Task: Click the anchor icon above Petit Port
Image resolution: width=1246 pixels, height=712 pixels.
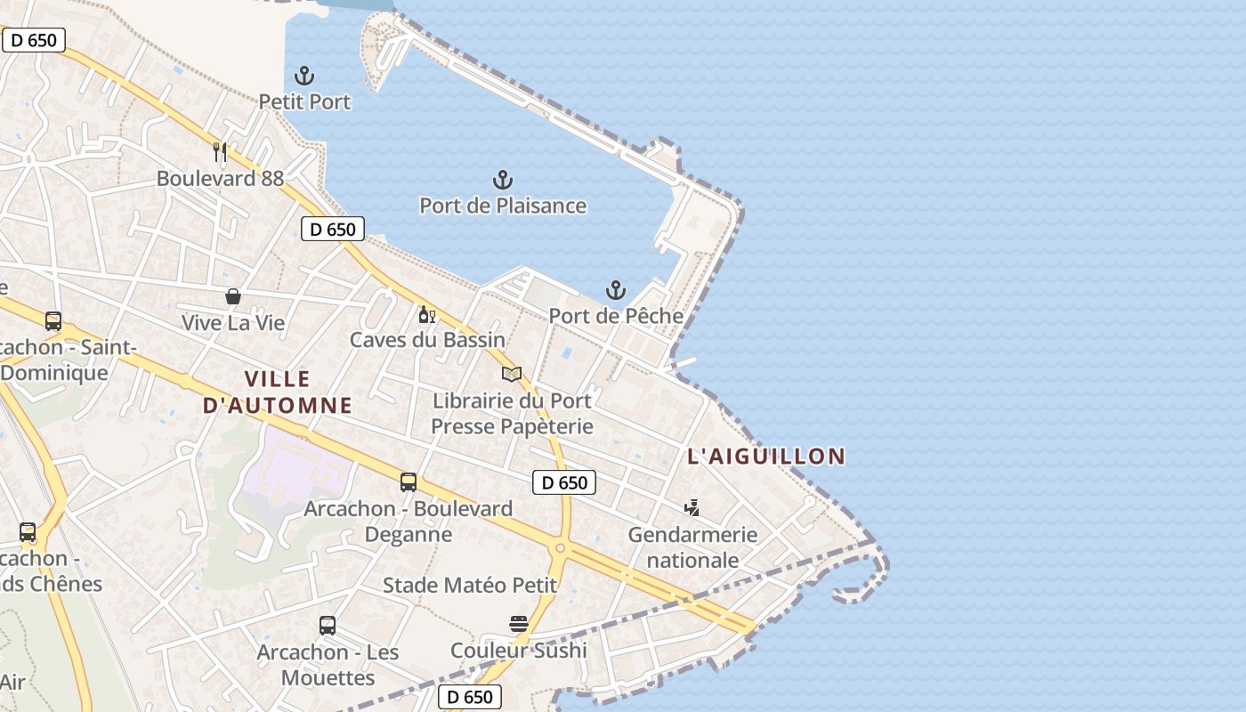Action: [x=305, y=76]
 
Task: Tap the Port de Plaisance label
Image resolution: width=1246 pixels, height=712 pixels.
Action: [x=503, y=206]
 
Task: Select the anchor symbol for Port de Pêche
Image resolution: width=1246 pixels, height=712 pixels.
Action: [x=615, y=290]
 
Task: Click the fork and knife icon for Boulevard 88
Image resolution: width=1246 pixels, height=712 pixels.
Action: [x=221, y=152]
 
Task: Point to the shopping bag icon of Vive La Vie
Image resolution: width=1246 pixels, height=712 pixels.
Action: [x=233, y=296]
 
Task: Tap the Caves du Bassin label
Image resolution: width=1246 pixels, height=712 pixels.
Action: [x=427, y=340]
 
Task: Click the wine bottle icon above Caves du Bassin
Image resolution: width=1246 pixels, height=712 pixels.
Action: [x=427, y=314]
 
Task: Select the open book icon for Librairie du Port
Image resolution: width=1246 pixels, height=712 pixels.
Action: [x=512, y=374]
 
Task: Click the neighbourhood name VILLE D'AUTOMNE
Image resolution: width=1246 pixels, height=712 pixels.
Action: [x=278, y=392]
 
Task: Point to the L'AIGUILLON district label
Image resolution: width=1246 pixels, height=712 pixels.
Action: [x=766, y=457]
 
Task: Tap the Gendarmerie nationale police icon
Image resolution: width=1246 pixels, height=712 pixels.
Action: [x=692, y=508]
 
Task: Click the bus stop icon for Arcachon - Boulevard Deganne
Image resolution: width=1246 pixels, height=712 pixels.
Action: [x=409, y=482]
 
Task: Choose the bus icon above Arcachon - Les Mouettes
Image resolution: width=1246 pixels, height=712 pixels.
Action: [x=328, y=626]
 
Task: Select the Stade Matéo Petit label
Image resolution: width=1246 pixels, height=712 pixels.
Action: [x=470, y=586]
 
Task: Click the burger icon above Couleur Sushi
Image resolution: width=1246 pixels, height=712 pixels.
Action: [x=519, y=624]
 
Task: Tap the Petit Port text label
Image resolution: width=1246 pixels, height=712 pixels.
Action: [x=304, y=102]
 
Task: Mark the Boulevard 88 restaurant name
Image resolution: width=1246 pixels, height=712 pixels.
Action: [x=220, y=179]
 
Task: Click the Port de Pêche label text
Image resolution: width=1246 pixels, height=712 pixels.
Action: [x=616, y=316]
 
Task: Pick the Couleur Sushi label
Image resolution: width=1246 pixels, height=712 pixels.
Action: [x=519, y=651]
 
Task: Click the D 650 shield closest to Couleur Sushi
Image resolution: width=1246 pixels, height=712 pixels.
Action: [x=470, y=697]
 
